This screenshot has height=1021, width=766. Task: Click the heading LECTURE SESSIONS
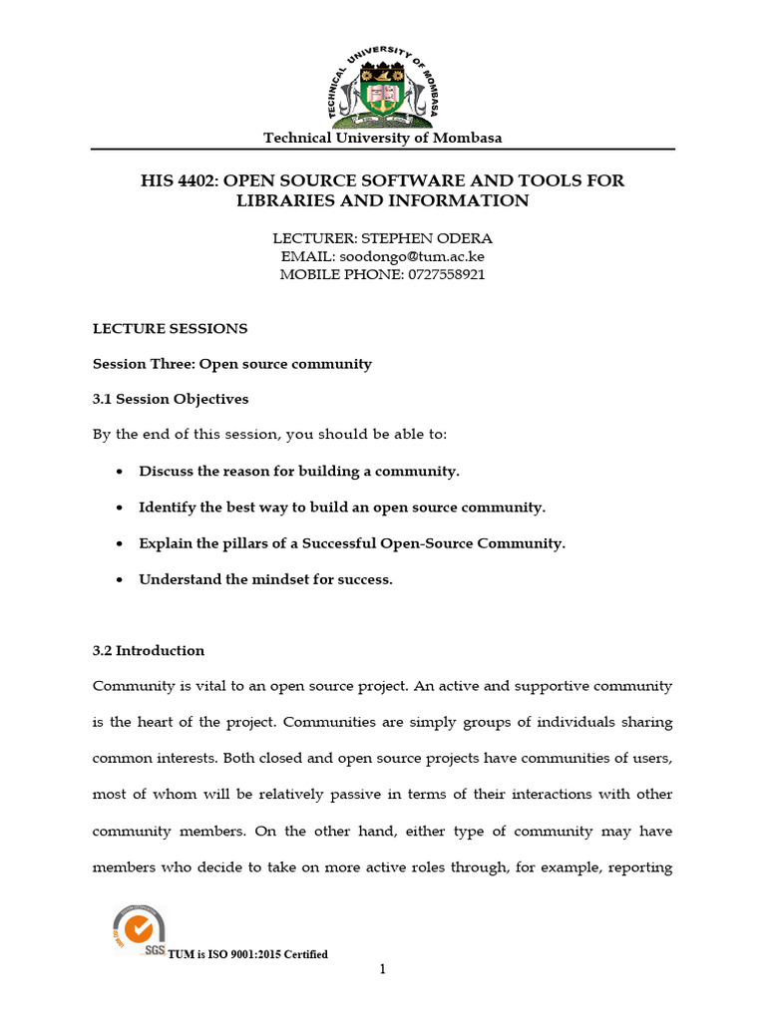pyautogui.click(x=170, y=328)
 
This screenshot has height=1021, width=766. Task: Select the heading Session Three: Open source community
pyautogui.click(x=231, y=364)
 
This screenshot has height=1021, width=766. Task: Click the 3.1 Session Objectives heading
pyautogui.click(x=171, y=399)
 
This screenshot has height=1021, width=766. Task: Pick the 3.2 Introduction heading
pyautogui.click(x=149, y=651)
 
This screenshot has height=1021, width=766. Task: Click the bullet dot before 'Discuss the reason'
pyautogui.click(x=121, y=472)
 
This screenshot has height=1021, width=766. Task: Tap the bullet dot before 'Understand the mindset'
pyautogui.click(x=121, y=580)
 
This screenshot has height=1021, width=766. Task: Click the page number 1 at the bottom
pyautogui.click(x=382, y=969)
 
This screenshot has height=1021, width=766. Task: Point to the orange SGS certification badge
pyautogui.click(x=139, y=929)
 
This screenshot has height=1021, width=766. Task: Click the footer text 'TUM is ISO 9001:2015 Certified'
pyautogui.click(x=248, y=955)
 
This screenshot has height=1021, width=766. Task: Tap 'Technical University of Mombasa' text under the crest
pyautogui.click(x=382, y=138)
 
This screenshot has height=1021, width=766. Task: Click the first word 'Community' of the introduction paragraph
pyautogui.click(x=131, y=687)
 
